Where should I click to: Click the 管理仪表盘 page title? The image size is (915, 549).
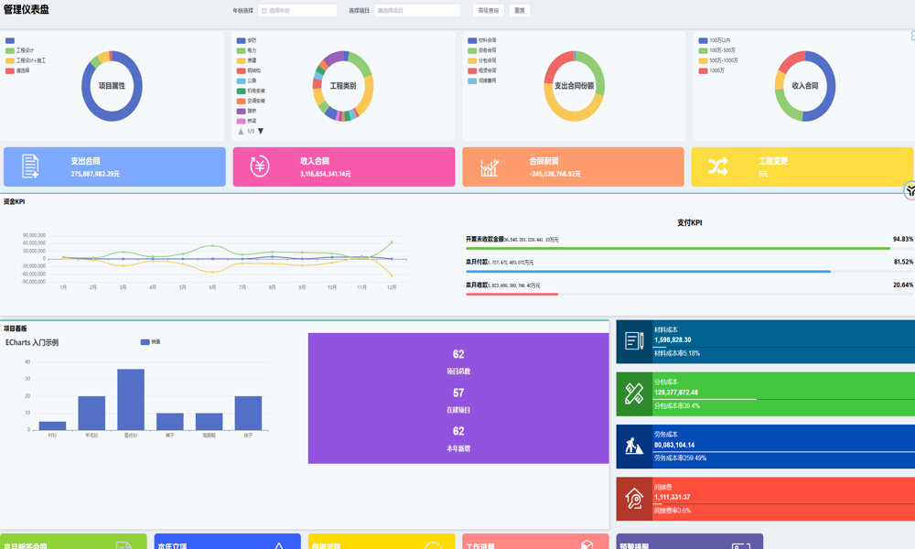[x=27, y=9]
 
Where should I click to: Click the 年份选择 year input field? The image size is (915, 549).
[x=297, y=11]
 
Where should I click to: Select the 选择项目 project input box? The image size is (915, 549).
[x=416, y=11]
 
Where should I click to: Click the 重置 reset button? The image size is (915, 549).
[x=520, y=11]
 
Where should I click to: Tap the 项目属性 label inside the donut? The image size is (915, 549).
[x=112, y=86]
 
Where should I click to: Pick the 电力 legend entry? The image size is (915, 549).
[x=252, y=50]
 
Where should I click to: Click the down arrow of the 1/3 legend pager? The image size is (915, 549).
[x=261, y=132]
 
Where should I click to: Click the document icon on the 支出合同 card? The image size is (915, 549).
[x=30, y=167]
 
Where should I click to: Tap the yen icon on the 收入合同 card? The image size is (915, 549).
[x=260, y=167]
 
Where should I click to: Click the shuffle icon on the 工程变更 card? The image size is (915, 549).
[x=718, y=167]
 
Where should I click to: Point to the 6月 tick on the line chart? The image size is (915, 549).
[x=212, y=287]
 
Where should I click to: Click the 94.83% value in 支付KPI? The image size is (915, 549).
[x=902, y=239]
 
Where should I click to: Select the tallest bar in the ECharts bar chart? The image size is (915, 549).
[x=131, y=399]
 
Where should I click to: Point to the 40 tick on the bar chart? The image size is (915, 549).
[x=27, y=362]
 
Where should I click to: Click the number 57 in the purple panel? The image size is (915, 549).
[x=458, y=393]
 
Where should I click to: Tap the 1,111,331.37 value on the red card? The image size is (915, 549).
[x=673, y=497]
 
